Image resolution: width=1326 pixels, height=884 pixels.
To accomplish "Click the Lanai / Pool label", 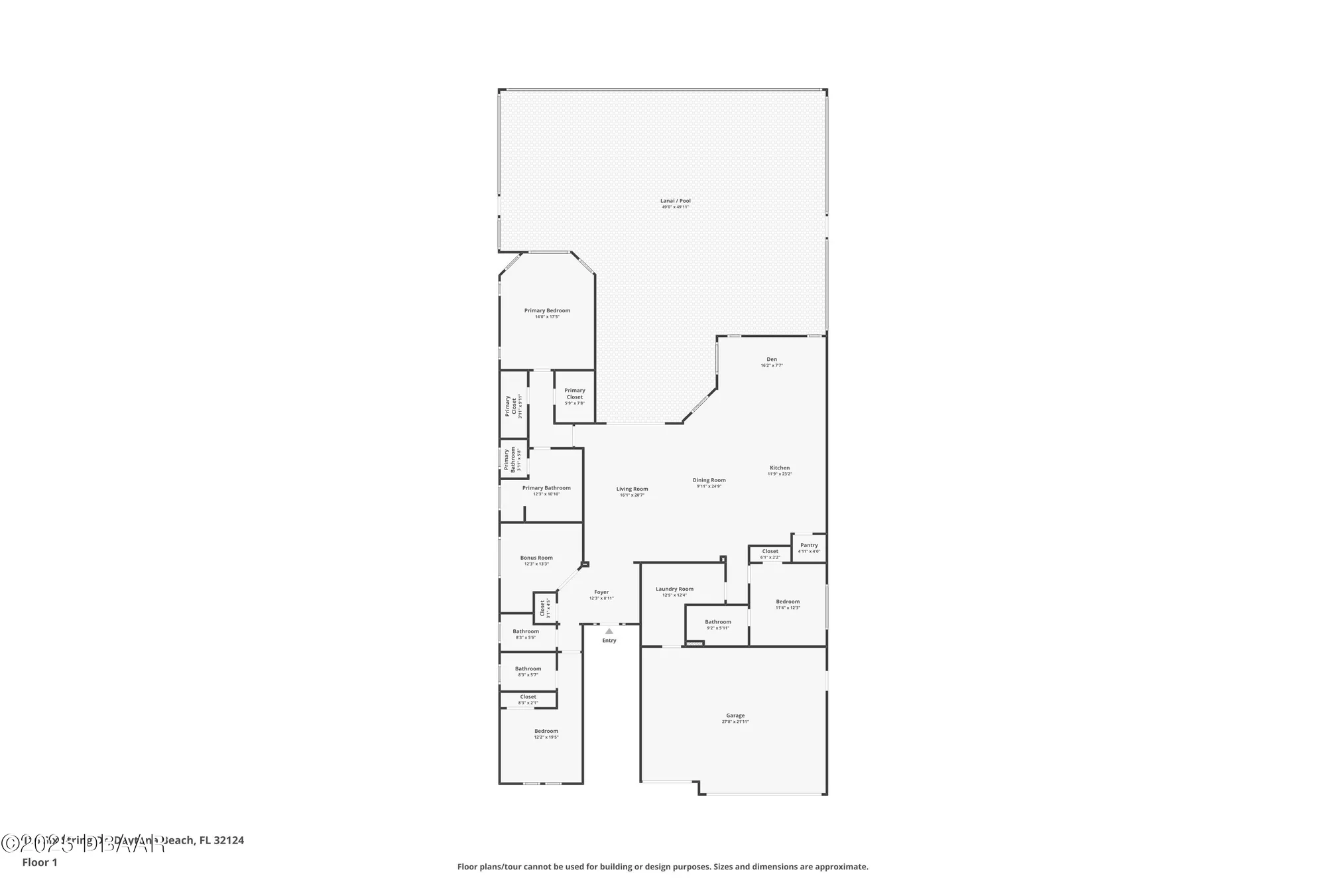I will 675,202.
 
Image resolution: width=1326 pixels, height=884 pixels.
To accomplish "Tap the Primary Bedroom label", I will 547,311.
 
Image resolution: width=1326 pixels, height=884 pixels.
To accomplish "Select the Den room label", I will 772,360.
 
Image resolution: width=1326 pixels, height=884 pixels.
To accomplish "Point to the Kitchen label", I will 780,468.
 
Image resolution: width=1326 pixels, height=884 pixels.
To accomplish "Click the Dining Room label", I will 709,481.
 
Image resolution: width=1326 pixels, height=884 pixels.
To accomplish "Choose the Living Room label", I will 632,489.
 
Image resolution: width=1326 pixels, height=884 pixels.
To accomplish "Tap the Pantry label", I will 809,546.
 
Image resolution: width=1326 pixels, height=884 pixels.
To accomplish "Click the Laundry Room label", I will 674,590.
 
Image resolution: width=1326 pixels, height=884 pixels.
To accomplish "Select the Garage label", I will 735,716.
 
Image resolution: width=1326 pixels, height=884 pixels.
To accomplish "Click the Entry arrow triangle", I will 609,631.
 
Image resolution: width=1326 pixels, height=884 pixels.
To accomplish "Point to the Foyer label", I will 601,593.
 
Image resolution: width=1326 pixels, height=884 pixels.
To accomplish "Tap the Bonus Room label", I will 536,558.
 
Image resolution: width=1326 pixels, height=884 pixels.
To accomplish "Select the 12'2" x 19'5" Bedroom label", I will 546,731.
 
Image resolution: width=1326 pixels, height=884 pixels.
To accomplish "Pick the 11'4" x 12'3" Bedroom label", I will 788,602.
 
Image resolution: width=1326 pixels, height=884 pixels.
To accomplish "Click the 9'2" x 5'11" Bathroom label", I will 717,623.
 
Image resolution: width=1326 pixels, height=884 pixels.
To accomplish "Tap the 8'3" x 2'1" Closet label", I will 528,698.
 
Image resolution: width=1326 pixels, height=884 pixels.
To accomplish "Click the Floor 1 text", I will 40,863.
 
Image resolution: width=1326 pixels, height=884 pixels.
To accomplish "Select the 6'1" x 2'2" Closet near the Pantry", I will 770,552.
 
